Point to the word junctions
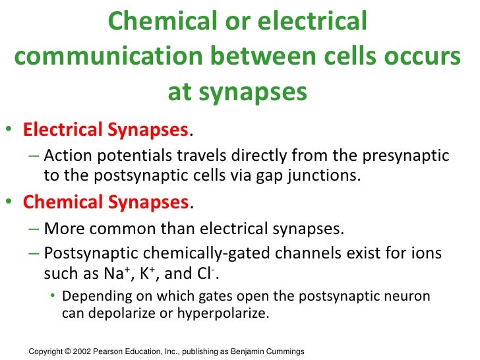click(x=325, y=176)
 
